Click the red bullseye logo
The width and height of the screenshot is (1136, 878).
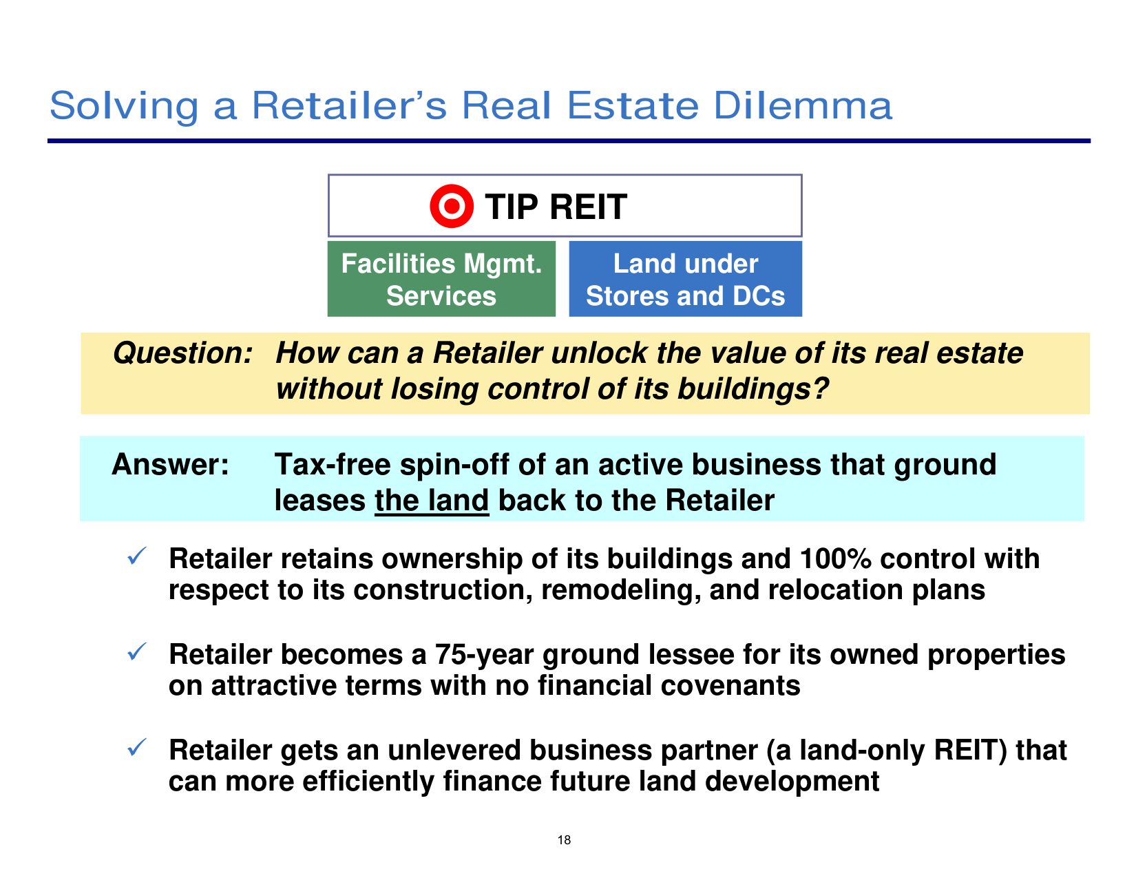(452, 206)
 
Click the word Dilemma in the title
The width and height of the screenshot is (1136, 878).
(803, 106)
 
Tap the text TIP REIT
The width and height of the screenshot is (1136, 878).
(556, 207)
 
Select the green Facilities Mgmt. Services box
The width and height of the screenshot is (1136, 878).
(441, 279)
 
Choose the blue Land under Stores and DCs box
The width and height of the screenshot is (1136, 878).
(685, 279)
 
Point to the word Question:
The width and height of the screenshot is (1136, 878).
(183, 353)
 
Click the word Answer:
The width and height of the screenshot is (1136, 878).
(171, 464)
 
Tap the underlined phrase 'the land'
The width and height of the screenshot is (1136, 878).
(432, 501)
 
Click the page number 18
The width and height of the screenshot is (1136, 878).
(564, 840)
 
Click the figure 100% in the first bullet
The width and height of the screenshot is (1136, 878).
(835, 558)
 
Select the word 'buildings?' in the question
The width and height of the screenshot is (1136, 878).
(753, 389)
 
